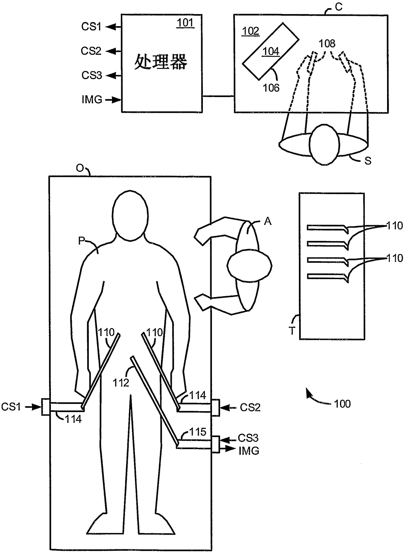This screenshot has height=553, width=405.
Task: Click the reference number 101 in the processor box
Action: pos(185,23)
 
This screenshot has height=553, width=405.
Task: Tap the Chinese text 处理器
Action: pos(160,62)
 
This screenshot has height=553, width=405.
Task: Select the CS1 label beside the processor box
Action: pos(91,27)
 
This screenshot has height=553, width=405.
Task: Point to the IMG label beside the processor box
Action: pos(92,99)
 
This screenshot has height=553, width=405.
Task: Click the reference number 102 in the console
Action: pos(251,31)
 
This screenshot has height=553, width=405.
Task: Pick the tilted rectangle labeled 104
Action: pos(270,51)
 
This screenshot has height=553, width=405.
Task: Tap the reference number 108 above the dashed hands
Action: pos(327,43)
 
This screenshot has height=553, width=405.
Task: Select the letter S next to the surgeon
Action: pos(368,161)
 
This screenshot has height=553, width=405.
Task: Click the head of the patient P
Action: pos(130,216)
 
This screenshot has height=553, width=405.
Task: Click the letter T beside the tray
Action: pos(292,331)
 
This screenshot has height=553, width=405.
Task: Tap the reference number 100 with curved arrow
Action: pos(342,404)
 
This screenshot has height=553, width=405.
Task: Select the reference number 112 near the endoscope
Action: pos(121,383)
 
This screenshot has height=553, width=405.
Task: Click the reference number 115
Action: pos(198,432)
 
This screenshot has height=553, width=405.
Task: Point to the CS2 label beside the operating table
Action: pos(250,408)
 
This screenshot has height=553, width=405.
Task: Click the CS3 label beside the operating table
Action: pos(248,438)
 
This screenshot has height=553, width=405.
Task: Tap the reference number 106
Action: pos(271,88)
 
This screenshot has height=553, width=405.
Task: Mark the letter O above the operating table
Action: pos(80,168)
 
